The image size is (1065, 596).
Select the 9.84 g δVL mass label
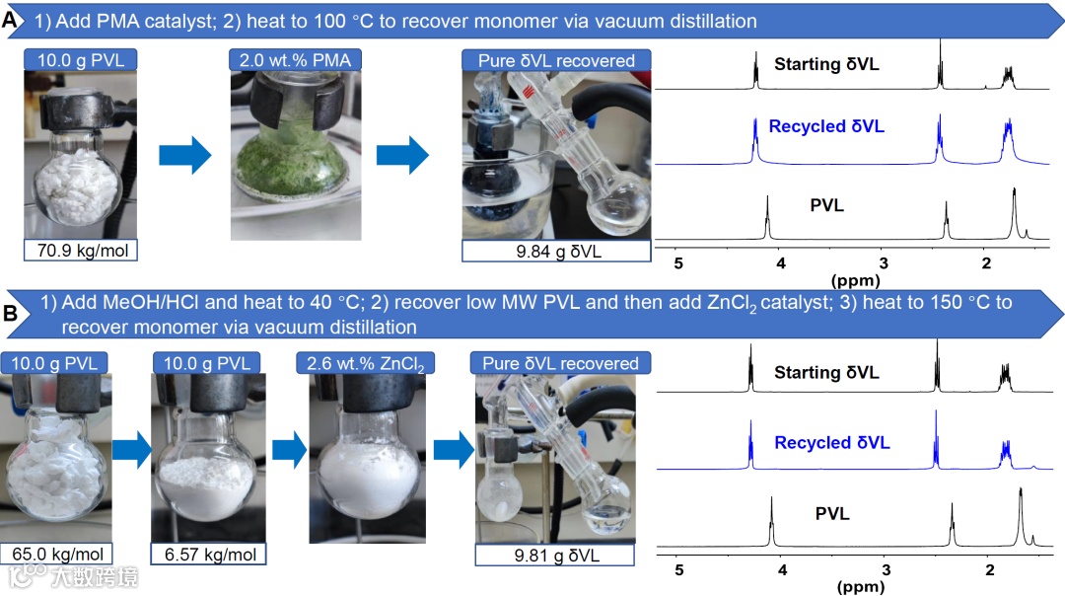(557, 250)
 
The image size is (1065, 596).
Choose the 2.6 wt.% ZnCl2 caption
(365, 363)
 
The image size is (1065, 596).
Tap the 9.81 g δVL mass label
(557, 555)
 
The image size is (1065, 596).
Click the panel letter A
(11, 19)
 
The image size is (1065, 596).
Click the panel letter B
(11, 316)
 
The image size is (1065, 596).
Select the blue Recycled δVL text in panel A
(826, 126)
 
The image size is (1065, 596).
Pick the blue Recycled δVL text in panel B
(831, 443)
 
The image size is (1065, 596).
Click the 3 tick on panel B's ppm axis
(886, 570)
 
